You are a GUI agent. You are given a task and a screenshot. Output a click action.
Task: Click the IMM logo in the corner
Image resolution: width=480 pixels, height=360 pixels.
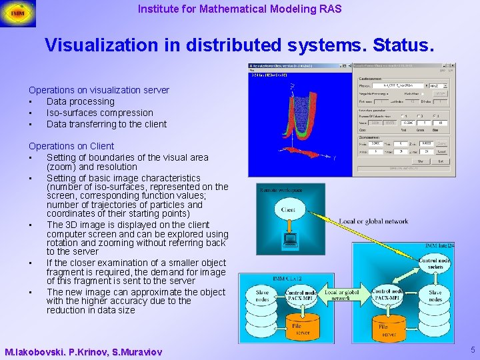[x=18, y=13]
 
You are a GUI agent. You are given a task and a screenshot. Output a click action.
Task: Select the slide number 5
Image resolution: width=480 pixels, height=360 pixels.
[x=472, y=350]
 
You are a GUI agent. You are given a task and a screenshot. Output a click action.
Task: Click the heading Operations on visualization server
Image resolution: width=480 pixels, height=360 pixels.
[x=99, y=90]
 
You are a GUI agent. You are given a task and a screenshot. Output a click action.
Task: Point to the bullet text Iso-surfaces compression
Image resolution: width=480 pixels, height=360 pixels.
[x=99, y=113]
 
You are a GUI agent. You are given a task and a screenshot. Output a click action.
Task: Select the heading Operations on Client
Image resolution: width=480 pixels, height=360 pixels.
[x=71, y=146]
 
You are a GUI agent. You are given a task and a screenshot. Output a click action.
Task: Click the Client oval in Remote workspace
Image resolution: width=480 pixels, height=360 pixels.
[x=289, y=210]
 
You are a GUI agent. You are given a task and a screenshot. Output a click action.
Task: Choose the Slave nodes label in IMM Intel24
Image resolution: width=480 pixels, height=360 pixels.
[x=435, y=295]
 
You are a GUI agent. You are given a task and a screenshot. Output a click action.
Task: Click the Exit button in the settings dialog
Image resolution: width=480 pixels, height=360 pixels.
[x=441, y=161]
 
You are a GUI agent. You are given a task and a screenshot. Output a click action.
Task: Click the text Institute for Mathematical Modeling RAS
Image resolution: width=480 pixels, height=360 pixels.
[x=239, y=9]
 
